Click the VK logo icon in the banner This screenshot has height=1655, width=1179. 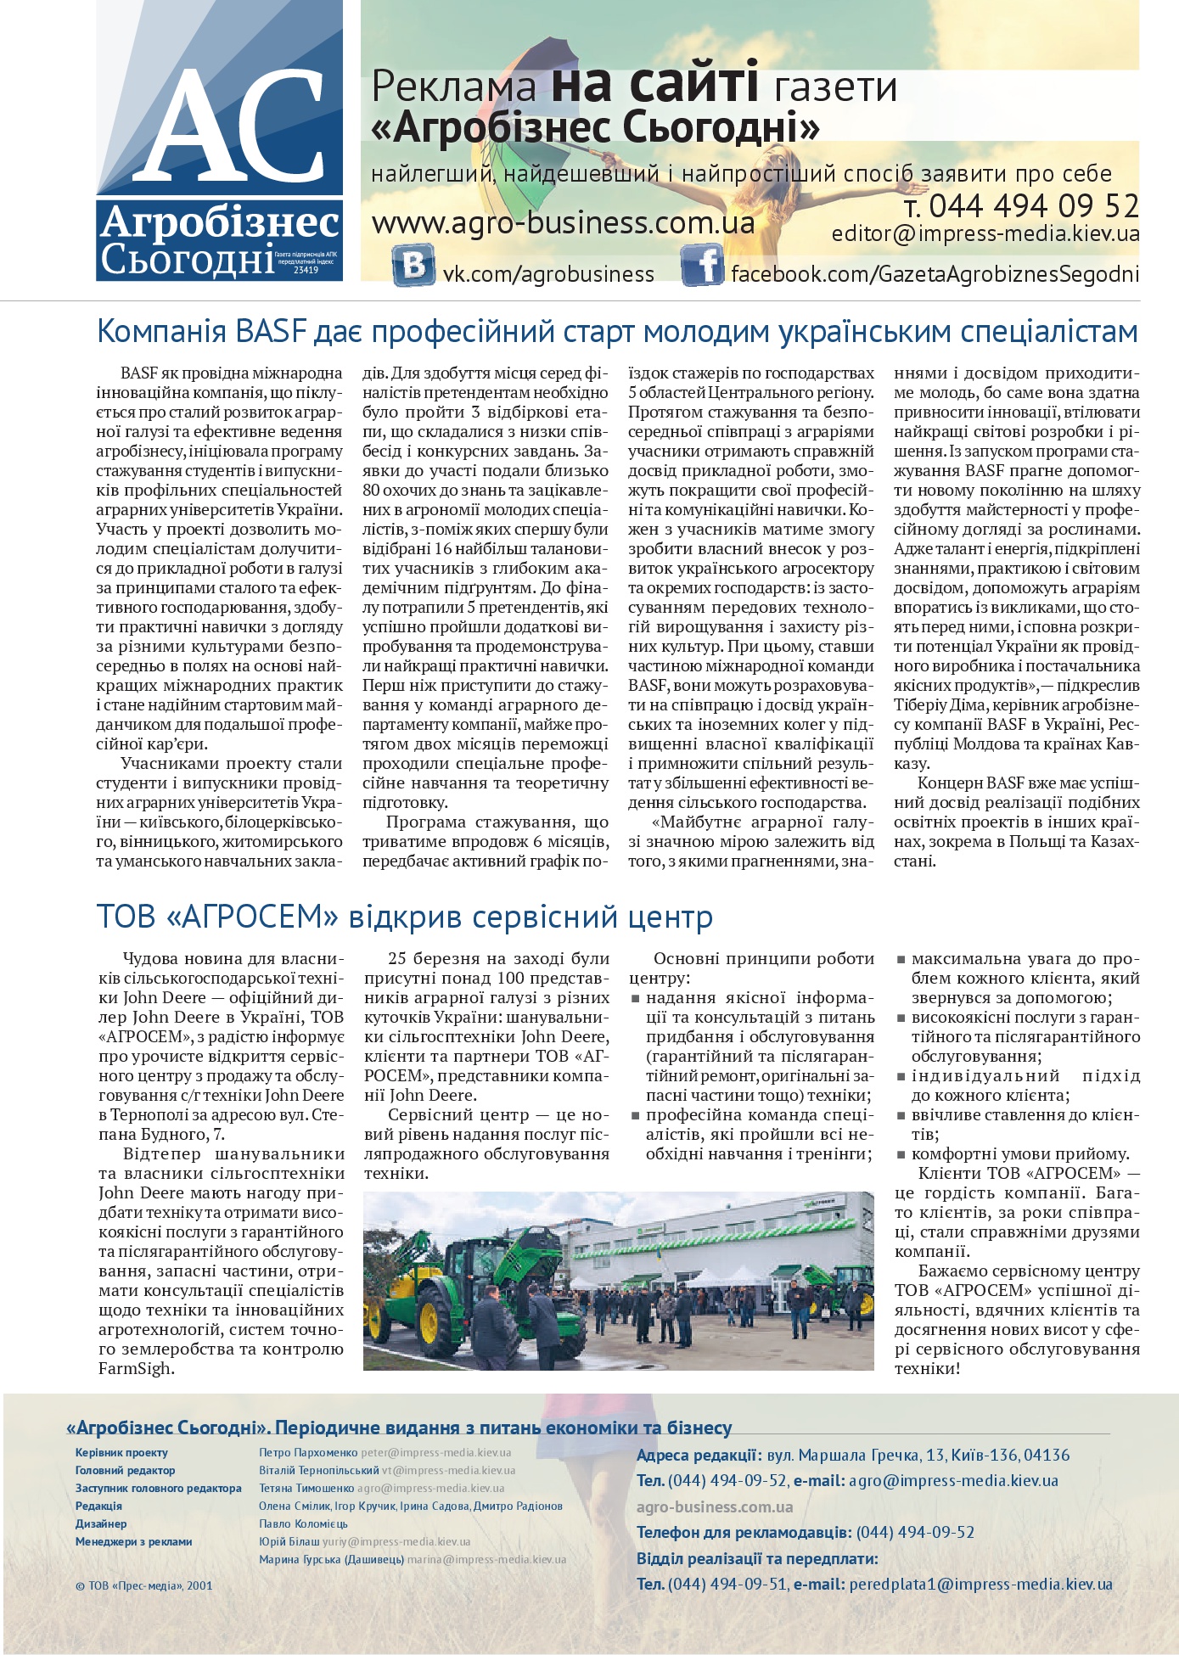(413, 265)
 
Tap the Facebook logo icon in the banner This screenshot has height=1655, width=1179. (701, 265)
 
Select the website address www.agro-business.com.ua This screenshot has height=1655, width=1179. (563, 223)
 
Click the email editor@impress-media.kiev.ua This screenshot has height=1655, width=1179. (985, 234)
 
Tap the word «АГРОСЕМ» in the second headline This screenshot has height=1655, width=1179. (254, 917)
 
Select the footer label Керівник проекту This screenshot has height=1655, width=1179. (121, 1452)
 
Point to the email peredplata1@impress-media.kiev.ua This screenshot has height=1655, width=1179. (980, 1584)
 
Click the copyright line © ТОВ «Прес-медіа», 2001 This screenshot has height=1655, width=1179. (143, 1585)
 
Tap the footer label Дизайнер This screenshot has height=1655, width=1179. (100, 1523)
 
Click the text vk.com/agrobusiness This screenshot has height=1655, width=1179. (548, 274)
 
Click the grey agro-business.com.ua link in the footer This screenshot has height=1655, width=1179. (715, 1506)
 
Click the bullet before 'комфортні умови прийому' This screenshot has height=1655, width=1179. (901, 1154)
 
